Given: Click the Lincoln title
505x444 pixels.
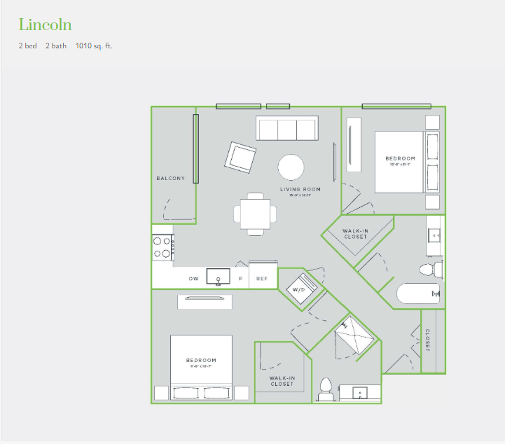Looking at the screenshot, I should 45,25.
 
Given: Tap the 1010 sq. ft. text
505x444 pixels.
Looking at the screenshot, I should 94,46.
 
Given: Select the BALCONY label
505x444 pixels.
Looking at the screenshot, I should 170,179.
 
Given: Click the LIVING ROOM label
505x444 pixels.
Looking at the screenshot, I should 300,189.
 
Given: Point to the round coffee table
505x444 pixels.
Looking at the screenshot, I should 291,167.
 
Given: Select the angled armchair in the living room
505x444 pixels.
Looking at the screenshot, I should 240,158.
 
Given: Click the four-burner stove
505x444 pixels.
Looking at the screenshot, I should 162,247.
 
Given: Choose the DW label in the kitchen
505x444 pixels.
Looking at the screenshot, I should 193,279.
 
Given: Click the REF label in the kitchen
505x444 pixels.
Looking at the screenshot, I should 262,279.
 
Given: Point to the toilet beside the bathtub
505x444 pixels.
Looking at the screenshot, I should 430,270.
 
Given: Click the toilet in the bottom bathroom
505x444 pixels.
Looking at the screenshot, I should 325,390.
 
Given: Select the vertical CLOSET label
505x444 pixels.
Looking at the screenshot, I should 427,340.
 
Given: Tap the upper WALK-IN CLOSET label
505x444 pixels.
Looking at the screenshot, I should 356,234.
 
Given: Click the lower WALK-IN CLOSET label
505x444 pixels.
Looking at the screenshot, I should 282,382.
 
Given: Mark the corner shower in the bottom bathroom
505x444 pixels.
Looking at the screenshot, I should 354,338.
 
